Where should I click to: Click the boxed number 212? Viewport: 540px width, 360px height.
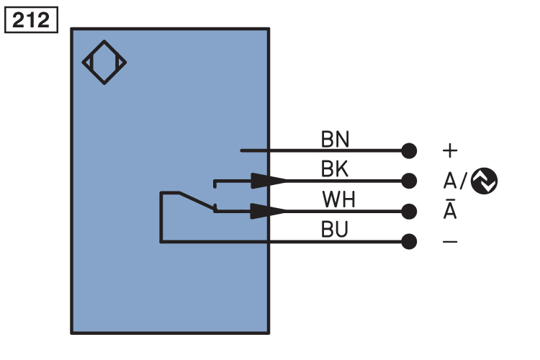tap(32, 20)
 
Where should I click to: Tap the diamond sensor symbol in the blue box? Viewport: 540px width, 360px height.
tap(104, 62)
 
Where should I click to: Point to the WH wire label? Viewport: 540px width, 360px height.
tap(338, 199)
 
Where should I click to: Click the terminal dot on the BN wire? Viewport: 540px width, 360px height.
tap(409, 150)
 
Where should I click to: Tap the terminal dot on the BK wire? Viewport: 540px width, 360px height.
tap(409, 181)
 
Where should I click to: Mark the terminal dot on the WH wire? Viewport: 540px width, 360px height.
tap(409, 211)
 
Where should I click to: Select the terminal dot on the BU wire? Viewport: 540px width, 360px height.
tap(409, 241)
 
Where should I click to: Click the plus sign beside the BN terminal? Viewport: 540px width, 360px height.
tap(450, 150)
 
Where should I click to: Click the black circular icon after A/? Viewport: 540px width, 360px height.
tap(484, 181)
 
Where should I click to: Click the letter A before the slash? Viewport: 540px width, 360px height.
tap(449, 181)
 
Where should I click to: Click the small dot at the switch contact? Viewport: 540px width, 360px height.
tap(215, 210)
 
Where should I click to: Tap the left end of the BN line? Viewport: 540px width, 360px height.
tap(241, 150)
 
